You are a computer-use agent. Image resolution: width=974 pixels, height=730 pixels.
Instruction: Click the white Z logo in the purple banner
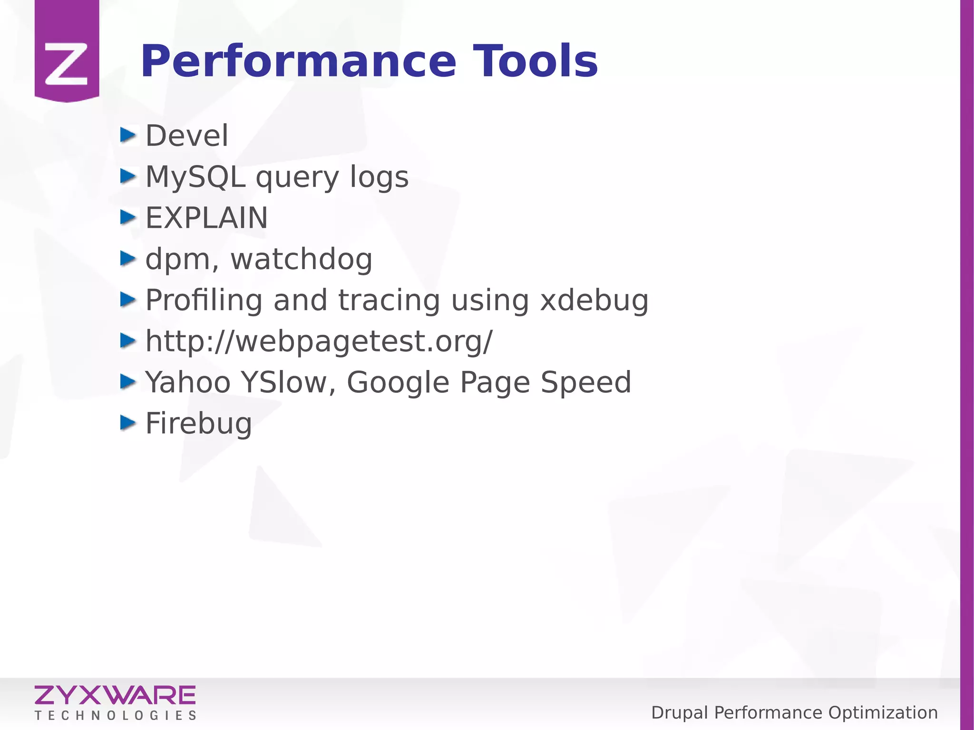click(67, 64)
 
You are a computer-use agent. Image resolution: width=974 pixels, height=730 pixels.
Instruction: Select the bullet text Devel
click(187, 136)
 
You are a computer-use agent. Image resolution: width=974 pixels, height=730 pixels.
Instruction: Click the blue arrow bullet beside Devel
click(127, 136)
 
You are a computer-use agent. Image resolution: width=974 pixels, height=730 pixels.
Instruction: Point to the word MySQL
click(195, 177)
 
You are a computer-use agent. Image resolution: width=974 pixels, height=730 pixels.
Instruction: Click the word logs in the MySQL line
click(379, 177)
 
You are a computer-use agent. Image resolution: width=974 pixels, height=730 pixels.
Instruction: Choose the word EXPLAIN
click(206, 218)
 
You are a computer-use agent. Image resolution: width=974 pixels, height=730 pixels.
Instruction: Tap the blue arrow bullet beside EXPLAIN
click(127, 218)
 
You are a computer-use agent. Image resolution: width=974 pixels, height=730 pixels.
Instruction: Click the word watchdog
click(302, 260)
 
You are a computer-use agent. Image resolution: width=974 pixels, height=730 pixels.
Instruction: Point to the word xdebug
click(594, 301)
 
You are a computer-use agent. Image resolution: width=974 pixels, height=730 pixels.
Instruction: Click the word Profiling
click(204, 301)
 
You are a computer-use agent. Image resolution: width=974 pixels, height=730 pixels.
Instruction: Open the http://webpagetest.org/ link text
click(319, 342)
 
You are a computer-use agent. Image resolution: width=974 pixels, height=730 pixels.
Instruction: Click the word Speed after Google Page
click(585, 383)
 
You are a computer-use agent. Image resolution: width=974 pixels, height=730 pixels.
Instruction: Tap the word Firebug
click(198, 424)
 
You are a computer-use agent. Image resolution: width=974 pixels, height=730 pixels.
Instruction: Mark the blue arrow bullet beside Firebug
click(127, 423)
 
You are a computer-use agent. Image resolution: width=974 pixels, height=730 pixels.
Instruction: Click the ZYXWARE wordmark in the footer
click(115, 695)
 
